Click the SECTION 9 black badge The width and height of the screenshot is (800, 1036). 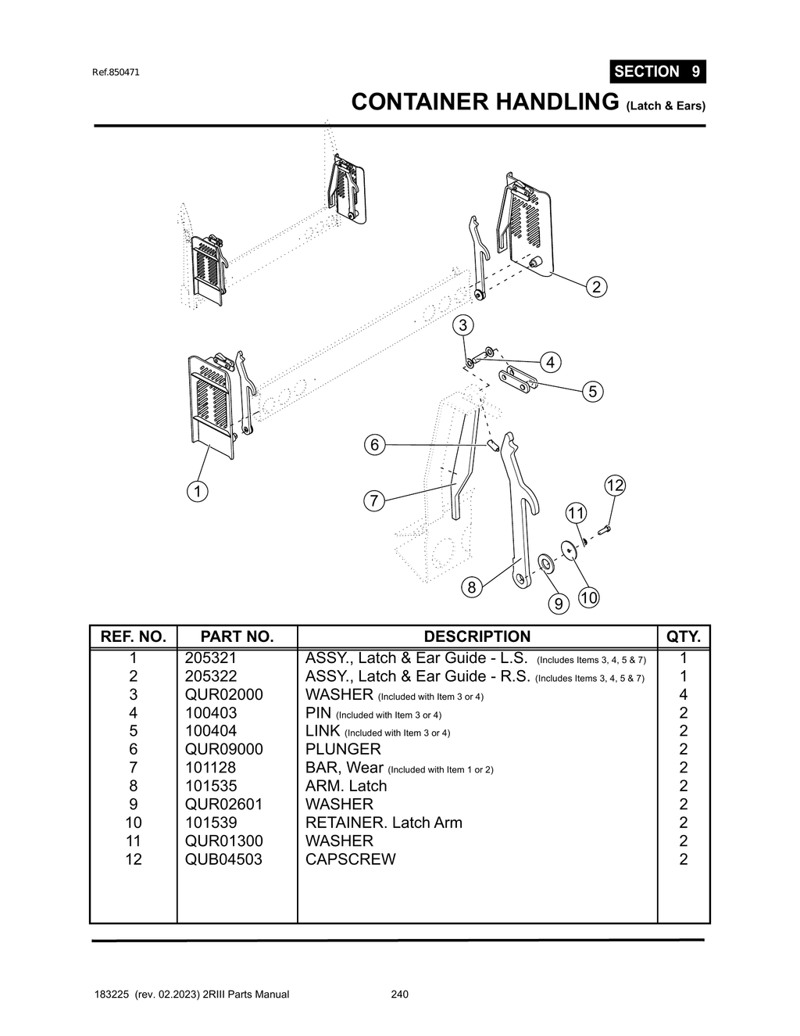[657, 71]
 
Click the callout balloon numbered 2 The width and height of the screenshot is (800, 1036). [596, 287]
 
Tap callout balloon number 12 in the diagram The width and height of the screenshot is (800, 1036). [615, 486]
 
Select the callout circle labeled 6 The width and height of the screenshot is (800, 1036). [374, 445]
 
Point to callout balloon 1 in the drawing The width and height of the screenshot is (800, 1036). [198, 492]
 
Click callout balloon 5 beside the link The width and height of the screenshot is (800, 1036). [592, 392]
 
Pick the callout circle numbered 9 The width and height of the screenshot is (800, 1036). [558, 604]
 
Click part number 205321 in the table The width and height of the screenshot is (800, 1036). [210, 658]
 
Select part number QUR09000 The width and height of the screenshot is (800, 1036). [223, 749]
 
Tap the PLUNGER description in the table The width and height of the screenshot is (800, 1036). [343, 749]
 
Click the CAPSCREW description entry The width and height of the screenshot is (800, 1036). [350, 859]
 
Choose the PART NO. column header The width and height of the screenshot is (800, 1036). [237, 636]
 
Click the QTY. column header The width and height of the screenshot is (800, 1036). [683, 636]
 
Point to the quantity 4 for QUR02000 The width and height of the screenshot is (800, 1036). [683, 694]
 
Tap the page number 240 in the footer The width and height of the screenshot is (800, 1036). [399, 995]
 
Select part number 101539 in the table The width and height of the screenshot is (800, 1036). [211, 823]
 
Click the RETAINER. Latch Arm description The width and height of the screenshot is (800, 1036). [384, 823]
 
